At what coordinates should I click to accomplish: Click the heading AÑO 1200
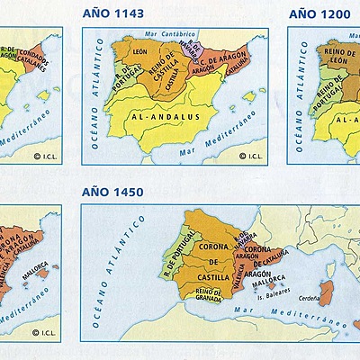(x=320, y=13)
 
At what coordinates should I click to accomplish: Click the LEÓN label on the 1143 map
(x=139, y=54)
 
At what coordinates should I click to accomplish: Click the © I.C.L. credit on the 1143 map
(x=247, y=155)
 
